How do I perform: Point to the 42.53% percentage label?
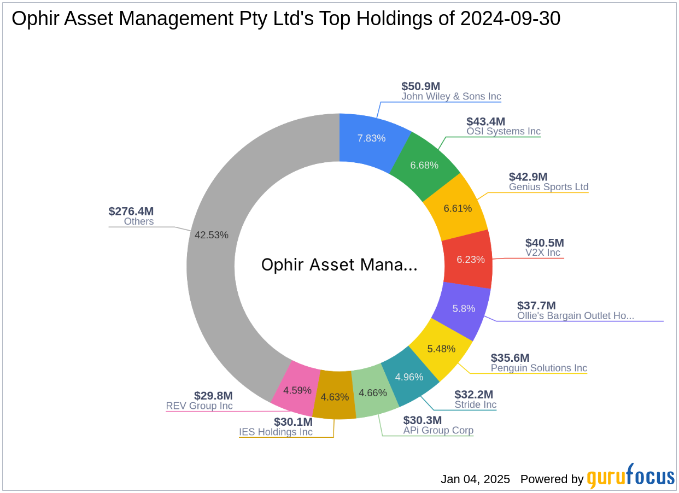212,234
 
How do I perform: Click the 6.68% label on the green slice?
424,165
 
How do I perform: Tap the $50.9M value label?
420,86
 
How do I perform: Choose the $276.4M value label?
131,212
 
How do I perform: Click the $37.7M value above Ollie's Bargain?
536,306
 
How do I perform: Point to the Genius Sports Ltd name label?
548,187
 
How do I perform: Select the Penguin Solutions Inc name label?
538,368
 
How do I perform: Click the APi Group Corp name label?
438,431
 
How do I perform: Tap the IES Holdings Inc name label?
276,432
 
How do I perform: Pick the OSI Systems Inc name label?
503,131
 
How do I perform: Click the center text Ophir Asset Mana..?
339,265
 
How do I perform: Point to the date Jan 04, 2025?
475,479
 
